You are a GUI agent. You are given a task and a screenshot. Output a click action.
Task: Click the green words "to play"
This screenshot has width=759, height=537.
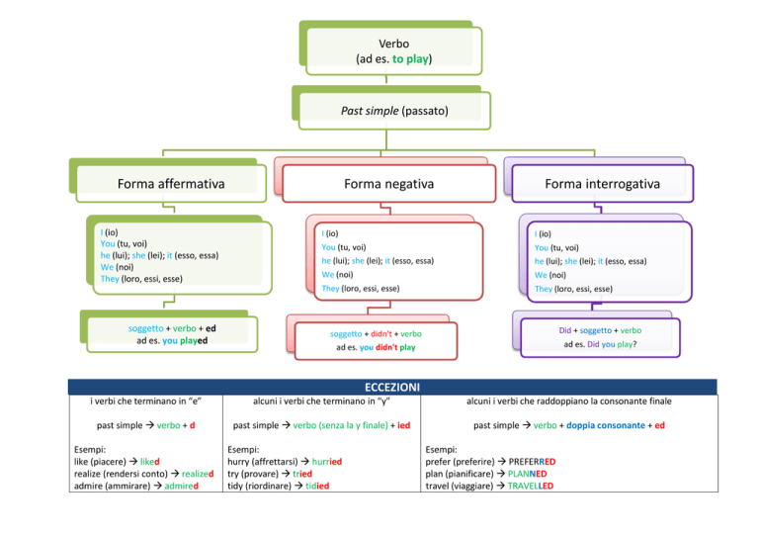pos(410,59)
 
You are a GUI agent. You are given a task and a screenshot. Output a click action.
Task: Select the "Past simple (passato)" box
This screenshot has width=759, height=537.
pos(394,111)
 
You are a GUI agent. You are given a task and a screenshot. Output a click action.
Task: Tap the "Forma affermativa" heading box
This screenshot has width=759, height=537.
pos(171,184)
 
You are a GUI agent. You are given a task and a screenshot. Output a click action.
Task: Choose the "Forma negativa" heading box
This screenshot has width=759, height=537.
pos(389,184)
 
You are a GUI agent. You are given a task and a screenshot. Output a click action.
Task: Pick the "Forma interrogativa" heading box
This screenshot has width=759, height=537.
pos(603,184)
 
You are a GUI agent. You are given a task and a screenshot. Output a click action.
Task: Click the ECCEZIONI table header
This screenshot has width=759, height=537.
pos(392,387)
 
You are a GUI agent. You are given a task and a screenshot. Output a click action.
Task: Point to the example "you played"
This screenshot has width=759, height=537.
pos(185,340)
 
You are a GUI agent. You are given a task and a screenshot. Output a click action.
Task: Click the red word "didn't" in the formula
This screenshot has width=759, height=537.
pos(381,333)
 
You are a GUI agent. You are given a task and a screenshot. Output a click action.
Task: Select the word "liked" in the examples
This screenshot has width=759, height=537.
pos(150,462)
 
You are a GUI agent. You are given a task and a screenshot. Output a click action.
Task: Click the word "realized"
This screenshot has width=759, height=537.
pos(198,474)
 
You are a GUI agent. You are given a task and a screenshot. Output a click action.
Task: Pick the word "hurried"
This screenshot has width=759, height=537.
pos(327,462)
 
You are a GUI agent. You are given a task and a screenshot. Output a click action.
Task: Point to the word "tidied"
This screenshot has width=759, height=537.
pos(317,486)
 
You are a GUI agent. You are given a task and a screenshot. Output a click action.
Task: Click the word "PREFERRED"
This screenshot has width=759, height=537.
pos(532,462)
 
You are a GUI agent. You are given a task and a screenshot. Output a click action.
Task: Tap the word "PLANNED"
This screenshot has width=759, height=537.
pos(527,474)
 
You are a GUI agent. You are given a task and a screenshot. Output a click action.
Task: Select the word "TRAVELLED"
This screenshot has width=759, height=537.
pos(531,486)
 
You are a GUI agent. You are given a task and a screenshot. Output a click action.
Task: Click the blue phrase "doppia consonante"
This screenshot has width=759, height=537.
pos(606,425)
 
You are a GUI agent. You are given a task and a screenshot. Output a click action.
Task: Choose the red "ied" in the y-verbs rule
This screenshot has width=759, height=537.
pos(403,425)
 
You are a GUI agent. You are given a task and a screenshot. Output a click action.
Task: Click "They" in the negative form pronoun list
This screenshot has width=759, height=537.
pos(331,289)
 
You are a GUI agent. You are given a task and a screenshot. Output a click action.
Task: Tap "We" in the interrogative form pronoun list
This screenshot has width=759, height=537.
pos(541,275)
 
